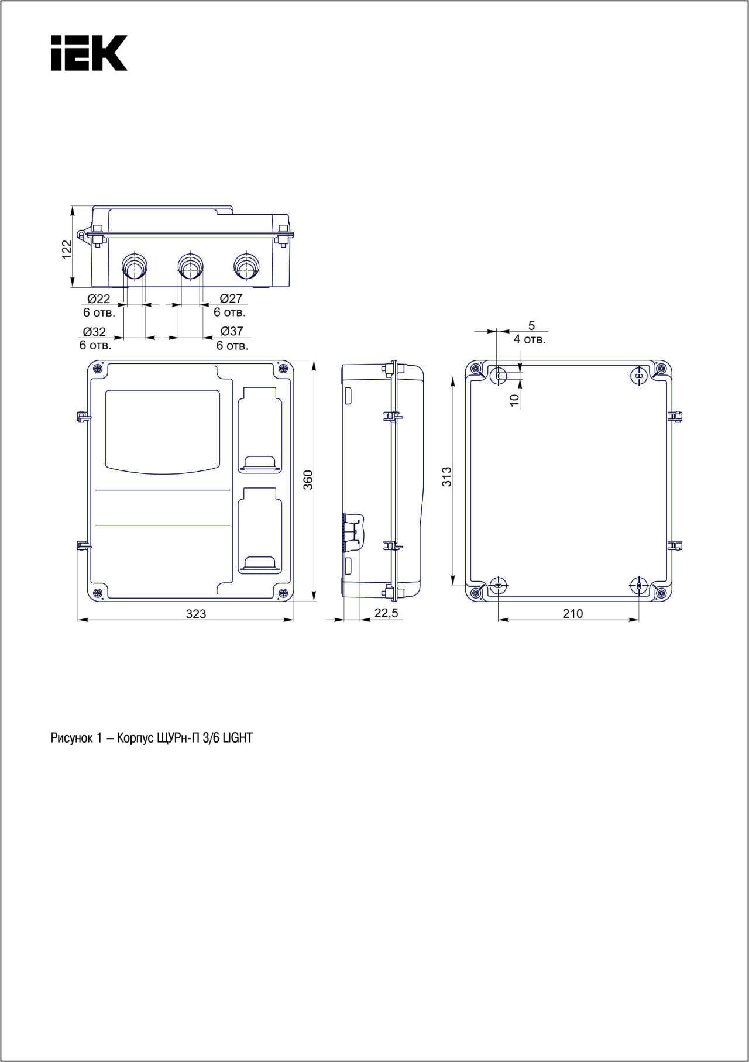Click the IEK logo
[x=89, y=53]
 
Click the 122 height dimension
[x=67, y=248]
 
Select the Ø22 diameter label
[x=99, y=298]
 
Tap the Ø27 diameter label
[x=231, y=298]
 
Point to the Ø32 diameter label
[x=95, y=332]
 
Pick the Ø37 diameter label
[x=232, y=331]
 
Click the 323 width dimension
[x=196, y=613]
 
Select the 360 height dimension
[x=308, y=480]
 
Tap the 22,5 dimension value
[x=386, y=613]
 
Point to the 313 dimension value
[x=446, y=477]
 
